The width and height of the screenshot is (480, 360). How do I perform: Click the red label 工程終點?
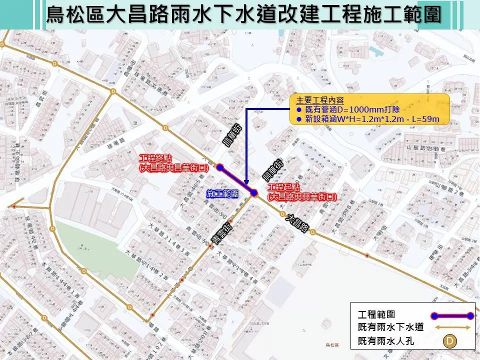coord(157,158)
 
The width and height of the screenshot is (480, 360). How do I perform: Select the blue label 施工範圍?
coord(222,193)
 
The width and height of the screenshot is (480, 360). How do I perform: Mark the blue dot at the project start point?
coord(254,192)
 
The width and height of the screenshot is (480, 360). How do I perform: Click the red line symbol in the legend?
coord(453,315)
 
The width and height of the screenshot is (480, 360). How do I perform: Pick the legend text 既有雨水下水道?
coord(391,328)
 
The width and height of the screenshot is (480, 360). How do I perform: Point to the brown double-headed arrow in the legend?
coord(453,328)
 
